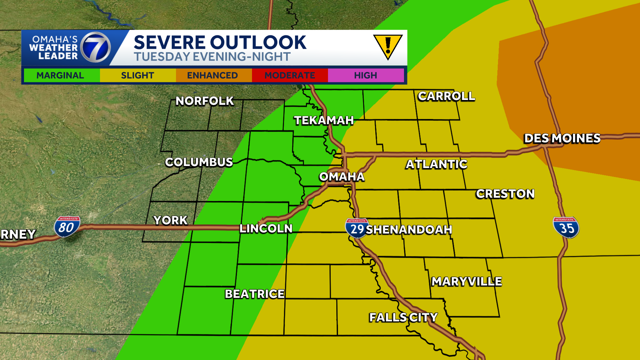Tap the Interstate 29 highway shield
coord(357,228)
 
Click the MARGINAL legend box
coord(60,75)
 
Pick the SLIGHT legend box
coord(138,75)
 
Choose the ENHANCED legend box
coord(213,75)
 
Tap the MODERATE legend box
coord(290,75)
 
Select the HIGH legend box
coord(366,75)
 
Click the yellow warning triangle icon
coord(388,46)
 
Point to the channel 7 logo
coord(96,47)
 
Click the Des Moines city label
coord(562,138)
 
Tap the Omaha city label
coord(342,177)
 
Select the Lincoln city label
coord(266,229)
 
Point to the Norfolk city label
coord(205,101)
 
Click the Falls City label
coord(403,317)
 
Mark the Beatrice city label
coord(255,294)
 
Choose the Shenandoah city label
coord(409,229)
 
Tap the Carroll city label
coord(446,96)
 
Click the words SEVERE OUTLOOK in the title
coord(220,42)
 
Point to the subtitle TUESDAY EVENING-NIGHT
coord(212,57)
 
